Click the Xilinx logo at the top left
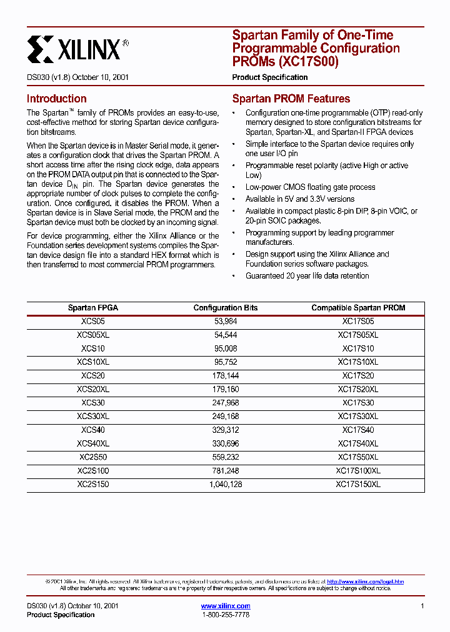point(78,48)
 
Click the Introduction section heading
point(56,99)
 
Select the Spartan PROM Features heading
point(291,99)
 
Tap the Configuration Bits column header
point(226,308)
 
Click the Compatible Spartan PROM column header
point(358,308)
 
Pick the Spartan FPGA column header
point(92,308)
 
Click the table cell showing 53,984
point(226,321)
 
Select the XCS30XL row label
point(92,416)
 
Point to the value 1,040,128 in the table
point(226,484)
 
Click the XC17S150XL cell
point(358,484)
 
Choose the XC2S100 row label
point(92,470)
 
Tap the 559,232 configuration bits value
point(226,457)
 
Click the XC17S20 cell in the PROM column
point(358,375)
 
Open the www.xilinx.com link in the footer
point(226,606)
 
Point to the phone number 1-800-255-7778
point(226,615)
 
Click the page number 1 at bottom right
point(422,606)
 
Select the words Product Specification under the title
point(270,77)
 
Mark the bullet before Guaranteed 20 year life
point(233,276)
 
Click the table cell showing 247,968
point(226,403)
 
